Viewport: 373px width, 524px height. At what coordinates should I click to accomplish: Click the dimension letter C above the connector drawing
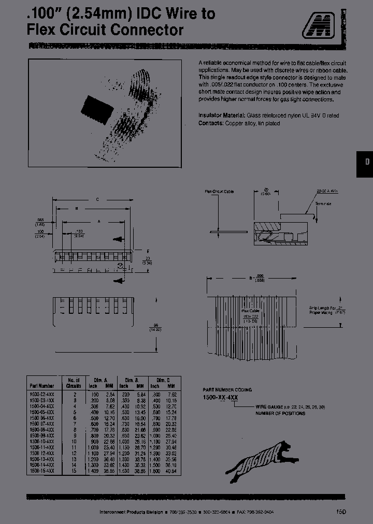(x=97, y=199)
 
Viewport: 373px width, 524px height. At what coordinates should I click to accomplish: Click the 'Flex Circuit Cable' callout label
(x=219, y=192)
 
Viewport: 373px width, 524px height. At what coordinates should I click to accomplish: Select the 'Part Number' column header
(x=42, y=385)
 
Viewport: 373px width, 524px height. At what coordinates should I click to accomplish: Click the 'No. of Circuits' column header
(x=73, y=382)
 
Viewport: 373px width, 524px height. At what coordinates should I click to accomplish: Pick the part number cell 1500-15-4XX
(x=42, y=470)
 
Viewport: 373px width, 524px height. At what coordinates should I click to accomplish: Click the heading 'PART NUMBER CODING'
(x=227, y=389)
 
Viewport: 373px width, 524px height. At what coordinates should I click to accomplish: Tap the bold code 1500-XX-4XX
(x=220, y=397)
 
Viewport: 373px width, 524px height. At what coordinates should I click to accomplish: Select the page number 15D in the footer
(x=340, y=512)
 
